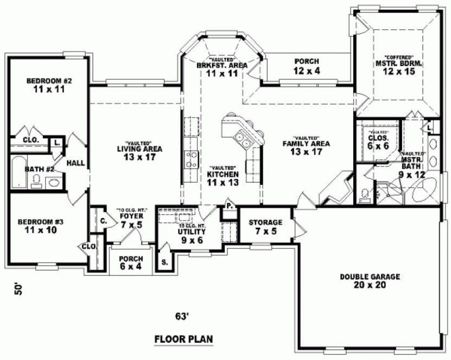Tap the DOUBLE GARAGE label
[x=370, y=280]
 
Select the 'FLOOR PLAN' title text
[x=183, y=339]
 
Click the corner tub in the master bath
[x=424, y=191]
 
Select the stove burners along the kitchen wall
[x=191, y=159]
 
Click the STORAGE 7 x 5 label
[x=265, y=227]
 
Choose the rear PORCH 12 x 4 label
[x=306, y=66]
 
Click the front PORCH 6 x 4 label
[x=130, y=262]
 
